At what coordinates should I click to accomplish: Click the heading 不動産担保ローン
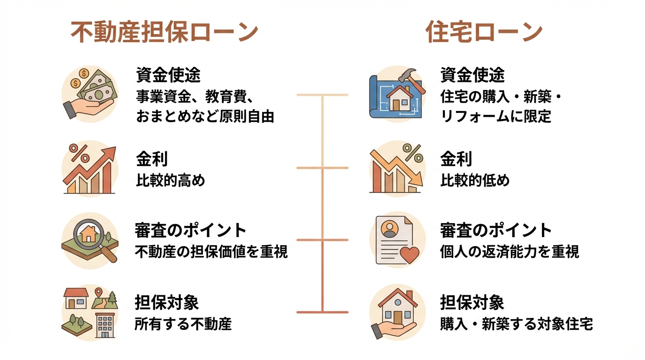coord(164,33)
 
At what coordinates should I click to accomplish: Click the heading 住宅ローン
coord(484,33)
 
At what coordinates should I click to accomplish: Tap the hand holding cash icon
coord(90,94)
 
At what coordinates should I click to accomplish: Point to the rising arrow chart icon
coord(90,169)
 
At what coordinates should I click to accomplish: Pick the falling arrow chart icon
coord(397,169)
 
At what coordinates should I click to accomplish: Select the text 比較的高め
coord(171,180)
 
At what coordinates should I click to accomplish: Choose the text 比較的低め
coord(474,180)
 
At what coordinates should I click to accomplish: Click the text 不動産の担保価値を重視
coord(211,252)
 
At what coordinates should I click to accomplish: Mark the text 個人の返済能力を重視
coord(510,252)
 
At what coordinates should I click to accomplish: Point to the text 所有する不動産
coord(183,324)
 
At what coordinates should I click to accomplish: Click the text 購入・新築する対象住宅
coord(517,324)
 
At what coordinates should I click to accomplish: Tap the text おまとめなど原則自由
coord(205,116)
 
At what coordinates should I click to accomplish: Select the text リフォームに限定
coord(496,116)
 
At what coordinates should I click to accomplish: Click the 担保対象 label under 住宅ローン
coord(472,302)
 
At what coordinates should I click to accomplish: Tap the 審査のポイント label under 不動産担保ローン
coord(191,230)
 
